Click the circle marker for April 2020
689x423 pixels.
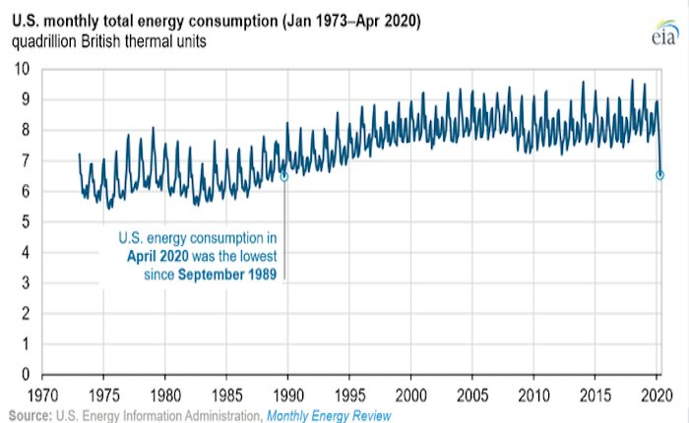(659, 175)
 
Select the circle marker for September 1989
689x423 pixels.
(284, 176)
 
